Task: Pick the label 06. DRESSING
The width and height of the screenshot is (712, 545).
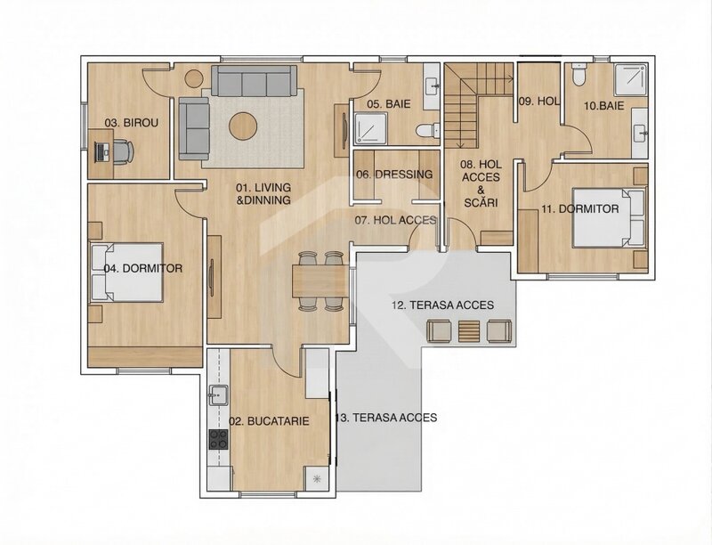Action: coord(394,175)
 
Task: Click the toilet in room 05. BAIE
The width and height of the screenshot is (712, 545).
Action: coord(432,130)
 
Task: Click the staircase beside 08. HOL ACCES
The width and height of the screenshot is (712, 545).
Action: coord(463,107)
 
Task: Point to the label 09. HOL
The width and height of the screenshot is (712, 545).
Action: coord(538,102)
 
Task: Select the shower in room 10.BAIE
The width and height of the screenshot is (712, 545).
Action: coord(630,82)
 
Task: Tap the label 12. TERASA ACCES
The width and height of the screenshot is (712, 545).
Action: coord(442,305)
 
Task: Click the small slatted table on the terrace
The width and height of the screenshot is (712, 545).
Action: coord(469,331)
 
